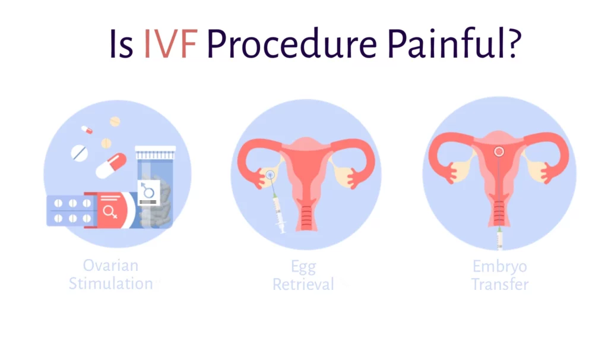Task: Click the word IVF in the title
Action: (170, 44)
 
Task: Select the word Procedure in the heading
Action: (292, 44)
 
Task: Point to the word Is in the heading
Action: (121, 44)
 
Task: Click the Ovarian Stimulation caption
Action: (111, 274)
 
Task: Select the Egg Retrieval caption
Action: (303, 276)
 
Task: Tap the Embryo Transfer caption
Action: (500, 276)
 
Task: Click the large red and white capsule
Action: (111, 166)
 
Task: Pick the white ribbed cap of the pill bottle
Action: (155, 153)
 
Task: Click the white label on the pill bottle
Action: (149, 192)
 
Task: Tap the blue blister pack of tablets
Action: (70, 211)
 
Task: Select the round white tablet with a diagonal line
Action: (80, 153)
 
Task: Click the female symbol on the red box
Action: (110, 212)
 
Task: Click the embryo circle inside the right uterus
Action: (499, 151)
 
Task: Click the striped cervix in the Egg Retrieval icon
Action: (306, 217)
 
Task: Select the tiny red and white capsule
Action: (87, 130)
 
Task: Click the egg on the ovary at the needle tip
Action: (270, 175)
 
